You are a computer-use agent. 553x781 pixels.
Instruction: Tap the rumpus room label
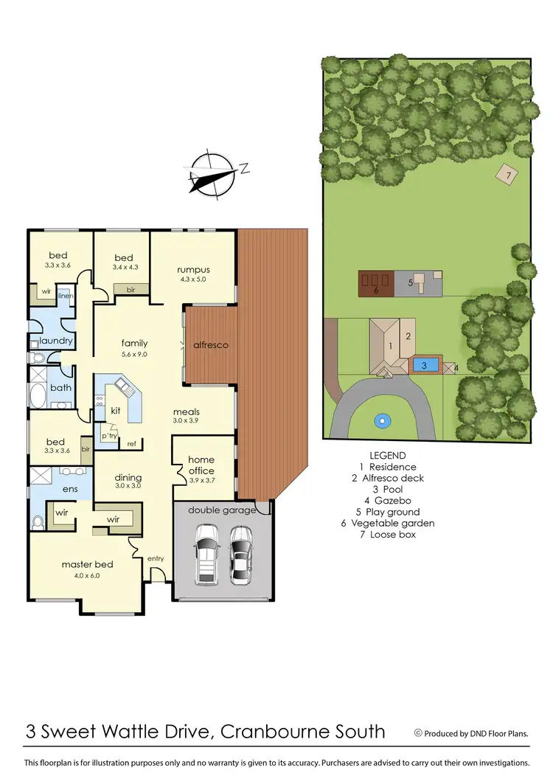193,270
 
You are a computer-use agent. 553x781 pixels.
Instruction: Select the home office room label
201,465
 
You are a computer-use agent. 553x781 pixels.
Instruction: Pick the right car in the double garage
240,553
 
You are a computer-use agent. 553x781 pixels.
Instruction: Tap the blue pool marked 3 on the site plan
424,365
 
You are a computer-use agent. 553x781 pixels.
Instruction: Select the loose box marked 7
506,176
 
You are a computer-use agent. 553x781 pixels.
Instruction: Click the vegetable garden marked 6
375,283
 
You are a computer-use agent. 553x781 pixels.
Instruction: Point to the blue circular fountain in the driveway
381,422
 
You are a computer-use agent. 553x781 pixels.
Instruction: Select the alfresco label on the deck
211,344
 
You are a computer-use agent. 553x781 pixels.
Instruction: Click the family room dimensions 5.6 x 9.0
135,354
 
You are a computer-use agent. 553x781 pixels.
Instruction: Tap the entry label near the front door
156,558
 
